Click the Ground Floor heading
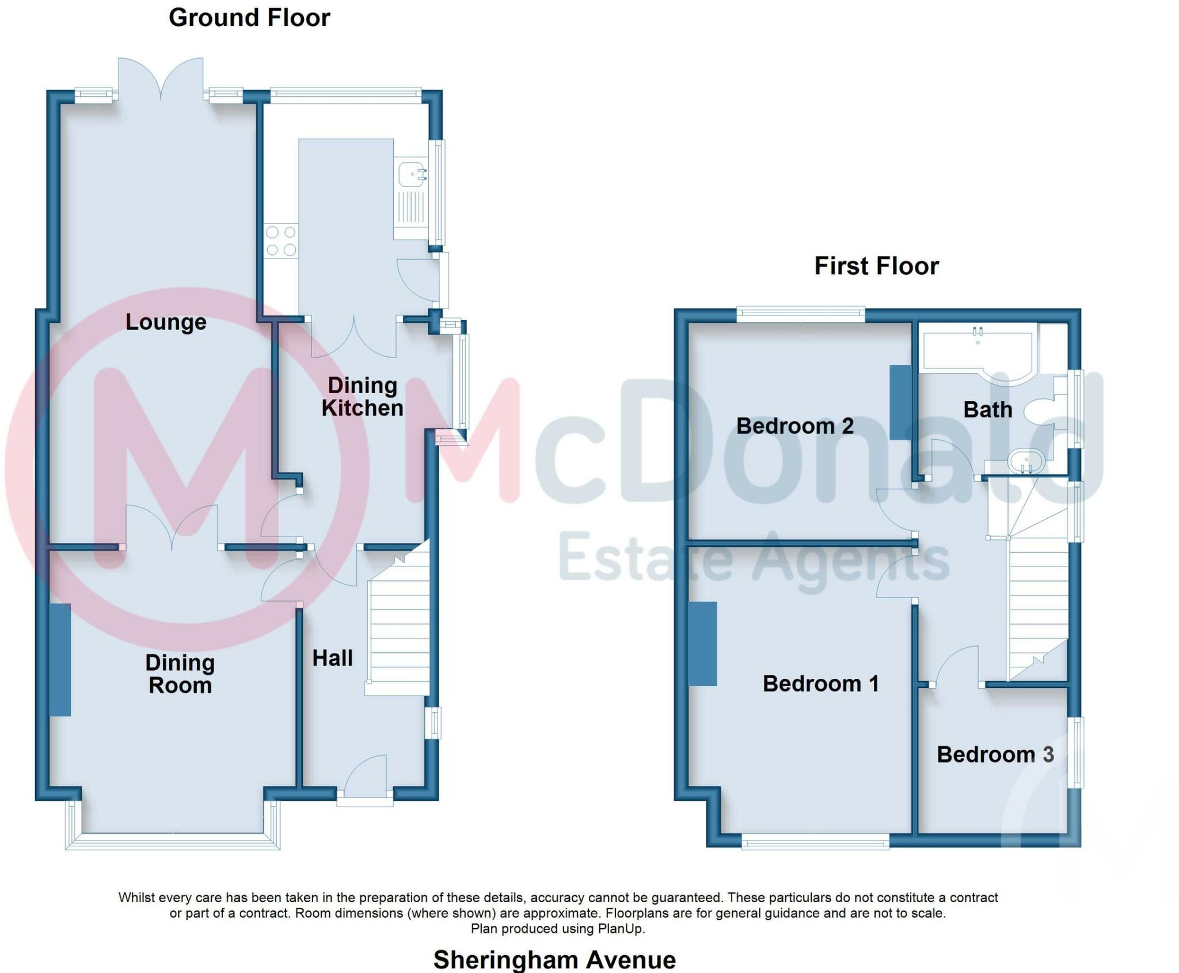click(x=249, y=18)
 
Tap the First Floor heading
click(x=876, y=266)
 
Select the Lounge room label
click(x=166, y=322)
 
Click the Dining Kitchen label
click(x=362, y=397)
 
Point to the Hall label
click(x=332, y=658)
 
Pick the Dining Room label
click(x=180, y=674)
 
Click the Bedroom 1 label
click(x=820, y=683)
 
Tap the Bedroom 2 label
click(x=794, y=426)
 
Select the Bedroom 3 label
click(x=995, y=754)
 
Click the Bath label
click(x=987, y=409)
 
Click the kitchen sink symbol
click(x=412, y=173)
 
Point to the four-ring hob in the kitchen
click(x=281, y=241)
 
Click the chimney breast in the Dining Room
click(x=60, y=660)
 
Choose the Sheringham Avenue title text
click(x=554, y=959)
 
